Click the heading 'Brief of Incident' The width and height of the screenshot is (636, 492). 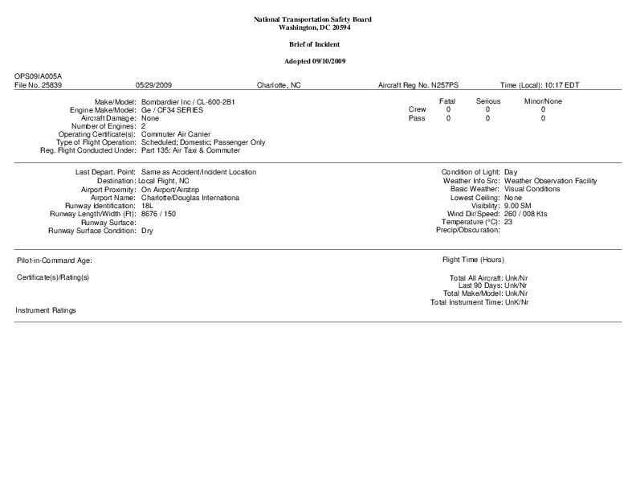click(x=317, y=43)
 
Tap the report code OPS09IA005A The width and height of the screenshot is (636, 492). click(x=38, y=76)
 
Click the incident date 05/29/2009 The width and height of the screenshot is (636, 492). click(x=153, y=84)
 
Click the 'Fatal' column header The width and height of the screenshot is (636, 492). click(x=447, y=101)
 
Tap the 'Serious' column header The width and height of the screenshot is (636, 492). click(x=488, y=101)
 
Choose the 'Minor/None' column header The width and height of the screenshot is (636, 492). click(x=543, y=101)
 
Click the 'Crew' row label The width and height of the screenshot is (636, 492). click(x=418, y=109)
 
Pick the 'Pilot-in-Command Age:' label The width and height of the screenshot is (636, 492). click(x=55, y=261)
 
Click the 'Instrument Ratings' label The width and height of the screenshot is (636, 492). click(x=46, y=310)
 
